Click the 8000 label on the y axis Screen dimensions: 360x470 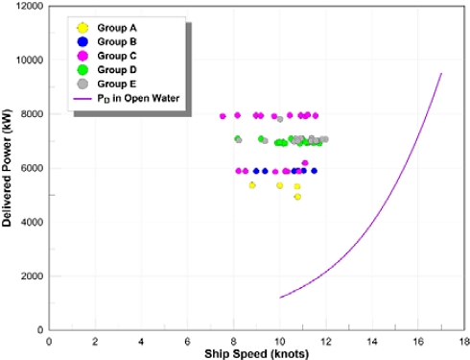[x=29, y=114]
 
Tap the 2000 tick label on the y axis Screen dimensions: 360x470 [x=29, y=276]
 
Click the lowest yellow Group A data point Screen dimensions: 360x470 [x=297, y=197]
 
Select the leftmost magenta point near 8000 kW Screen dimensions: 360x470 [x=223, y=116]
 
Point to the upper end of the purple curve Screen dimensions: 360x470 [x=441, y=74]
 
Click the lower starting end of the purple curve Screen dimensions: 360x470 [x=280, y=298]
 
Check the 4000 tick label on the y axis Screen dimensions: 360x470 [x=29, y=223]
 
